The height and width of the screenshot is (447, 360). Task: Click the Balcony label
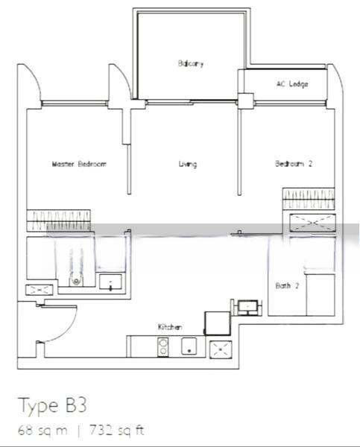[191, 63]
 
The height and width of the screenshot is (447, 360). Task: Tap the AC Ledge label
[292, 83]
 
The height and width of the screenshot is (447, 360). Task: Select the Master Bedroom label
[79, 164]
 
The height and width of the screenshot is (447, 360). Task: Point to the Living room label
[188, 164]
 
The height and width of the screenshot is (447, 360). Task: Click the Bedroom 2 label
[294, 164]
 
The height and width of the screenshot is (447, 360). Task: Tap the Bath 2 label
[287, 285]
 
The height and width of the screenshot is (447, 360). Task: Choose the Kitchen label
[170, 327]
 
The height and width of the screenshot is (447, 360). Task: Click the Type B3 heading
[52, 405]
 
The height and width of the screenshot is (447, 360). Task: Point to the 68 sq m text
[42, 430]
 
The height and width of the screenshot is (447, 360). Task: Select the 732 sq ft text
[117, 430]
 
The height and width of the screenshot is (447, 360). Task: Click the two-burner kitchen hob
[163, 347]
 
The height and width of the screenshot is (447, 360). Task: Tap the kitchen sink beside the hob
[189, 346]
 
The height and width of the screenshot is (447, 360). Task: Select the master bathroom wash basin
[110, 282]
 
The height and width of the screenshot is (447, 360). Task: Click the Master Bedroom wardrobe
[58, 221]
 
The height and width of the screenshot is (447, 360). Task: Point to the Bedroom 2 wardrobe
[309, 198]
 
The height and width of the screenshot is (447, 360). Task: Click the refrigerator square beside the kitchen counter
[218, 323]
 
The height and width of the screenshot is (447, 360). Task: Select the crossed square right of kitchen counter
[221, 349]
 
